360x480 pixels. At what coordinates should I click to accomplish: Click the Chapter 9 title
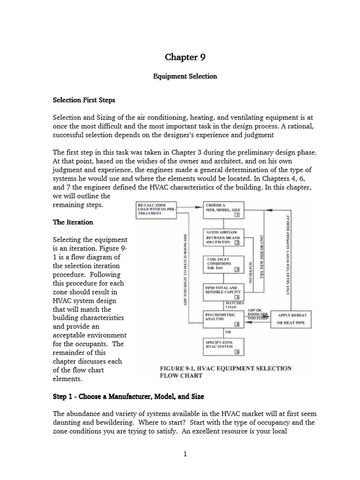tap(185, 57)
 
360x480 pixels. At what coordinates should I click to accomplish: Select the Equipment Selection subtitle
tap(185, 76)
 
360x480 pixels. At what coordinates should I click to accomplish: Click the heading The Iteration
tap(73, 222)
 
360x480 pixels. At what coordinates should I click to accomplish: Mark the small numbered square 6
tap(237, 352)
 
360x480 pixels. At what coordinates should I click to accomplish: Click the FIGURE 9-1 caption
tap(226, 372)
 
